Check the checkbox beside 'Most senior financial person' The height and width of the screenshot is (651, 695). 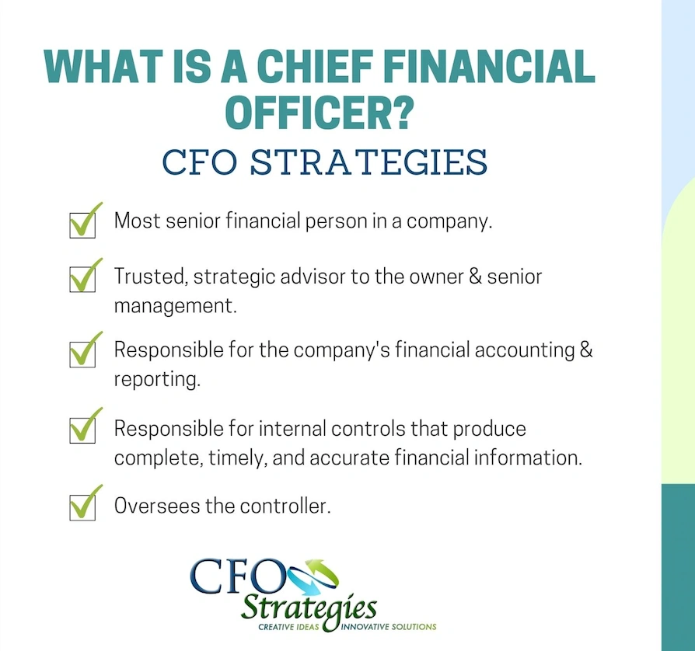pos(82,225)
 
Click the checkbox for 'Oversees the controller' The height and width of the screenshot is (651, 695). pos(82,507)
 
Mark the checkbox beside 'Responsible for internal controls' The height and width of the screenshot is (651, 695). pos(82,430)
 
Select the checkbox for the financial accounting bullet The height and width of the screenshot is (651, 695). pos(82,353)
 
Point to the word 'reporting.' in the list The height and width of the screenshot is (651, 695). pos(154,381)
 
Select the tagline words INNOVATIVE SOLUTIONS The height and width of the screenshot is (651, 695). pos(389,627)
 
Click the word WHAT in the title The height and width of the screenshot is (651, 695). pos(93,68)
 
